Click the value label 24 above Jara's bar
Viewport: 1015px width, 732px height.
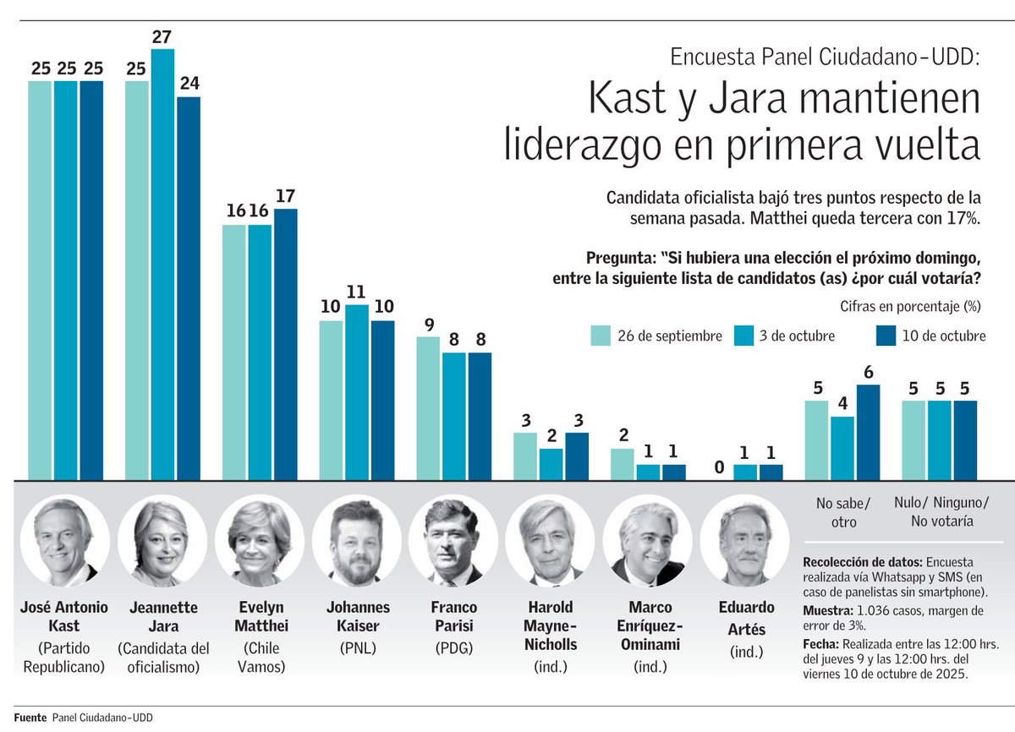tap(188, 85)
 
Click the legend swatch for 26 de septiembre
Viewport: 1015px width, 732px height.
tap(601, 336)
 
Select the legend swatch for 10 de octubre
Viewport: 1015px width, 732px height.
tap(885, 336)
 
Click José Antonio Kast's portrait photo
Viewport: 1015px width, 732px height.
tap(65, 542)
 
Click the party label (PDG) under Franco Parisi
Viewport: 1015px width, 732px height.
tap(454, 649)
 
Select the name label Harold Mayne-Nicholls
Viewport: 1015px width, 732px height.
tap(551, 626)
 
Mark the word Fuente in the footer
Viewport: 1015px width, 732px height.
tap(30, 718)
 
